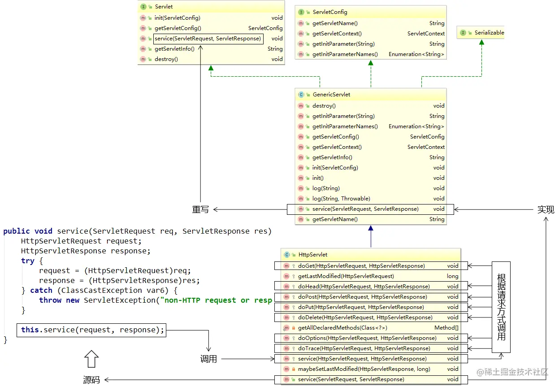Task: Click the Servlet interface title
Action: (x=164, y=7)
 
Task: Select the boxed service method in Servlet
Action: (x=208, y=39)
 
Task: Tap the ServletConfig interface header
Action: (x=329, y=12)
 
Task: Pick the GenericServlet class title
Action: (x=331, y=95)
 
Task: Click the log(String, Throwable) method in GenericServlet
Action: (x=341, y=199)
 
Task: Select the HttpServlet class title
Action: (x=312, y=255)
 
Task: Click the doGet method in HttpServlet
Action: (x=361, y=266)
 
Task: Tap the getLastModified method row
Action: (x=346, y=276)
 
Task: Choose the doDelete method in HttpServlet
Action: (x=365, y=317)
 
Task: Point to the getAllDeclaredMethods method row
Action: (x=342, y=328)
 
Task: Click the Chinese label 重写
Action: (x=200, y=209)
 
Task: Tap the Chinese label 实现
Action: (x=546, y=209)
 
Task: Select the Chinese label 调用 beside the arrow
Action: (x=208, y=359)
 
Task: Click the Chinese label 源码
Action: (x=91, y=380)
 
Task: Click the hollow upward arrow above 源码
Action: (x=91, y=359)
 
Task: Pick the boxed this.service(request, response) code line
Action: (x=91, y=330)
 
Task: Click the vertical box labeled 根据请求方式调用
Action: (x=501, y=307)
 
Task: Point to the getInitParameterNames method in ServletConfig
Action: (x=345, y=54)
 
